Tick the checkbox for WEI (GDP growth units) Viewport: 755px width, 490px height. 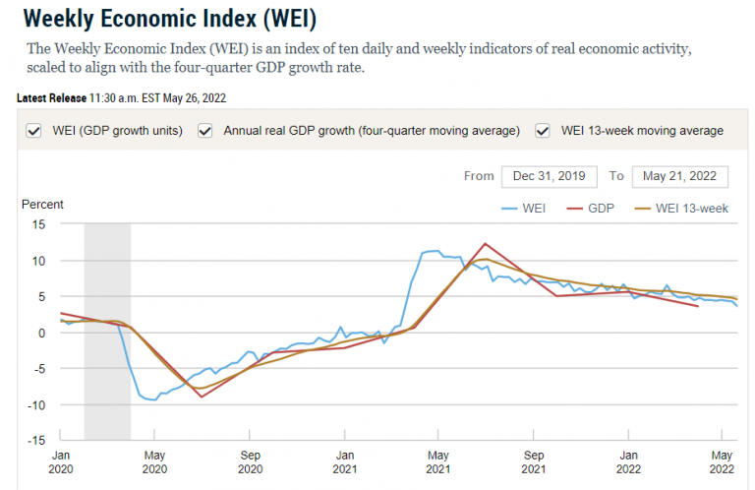coord(34,130)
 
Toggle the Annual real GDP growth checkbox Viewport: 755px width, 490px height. coord(205,130)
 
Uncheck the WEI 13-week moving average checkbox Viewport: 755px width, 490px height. coord(543,130)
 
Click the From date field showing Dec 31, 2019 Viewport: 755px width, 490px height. coord(550,176)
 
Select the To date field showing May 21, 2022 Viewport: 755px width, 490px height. coord(680,176)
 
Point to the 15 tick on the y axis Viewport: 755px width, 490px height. coord(40,224)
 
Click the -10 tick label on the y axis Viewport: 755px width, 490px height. coord(37,404)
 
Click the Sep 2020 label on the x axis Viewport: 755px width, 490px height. coord(250,461)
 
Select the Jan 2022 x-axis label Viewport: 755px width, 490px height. coord(628,461)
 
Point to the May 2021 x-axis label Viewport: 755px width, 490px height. coord(439,461)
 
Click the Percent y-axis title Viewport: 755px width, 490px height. coord(42,205)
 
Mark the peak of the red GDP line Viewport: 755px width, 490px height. coord(485,244)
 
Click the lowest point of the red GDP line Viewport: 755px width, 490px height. coord(202,396)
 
